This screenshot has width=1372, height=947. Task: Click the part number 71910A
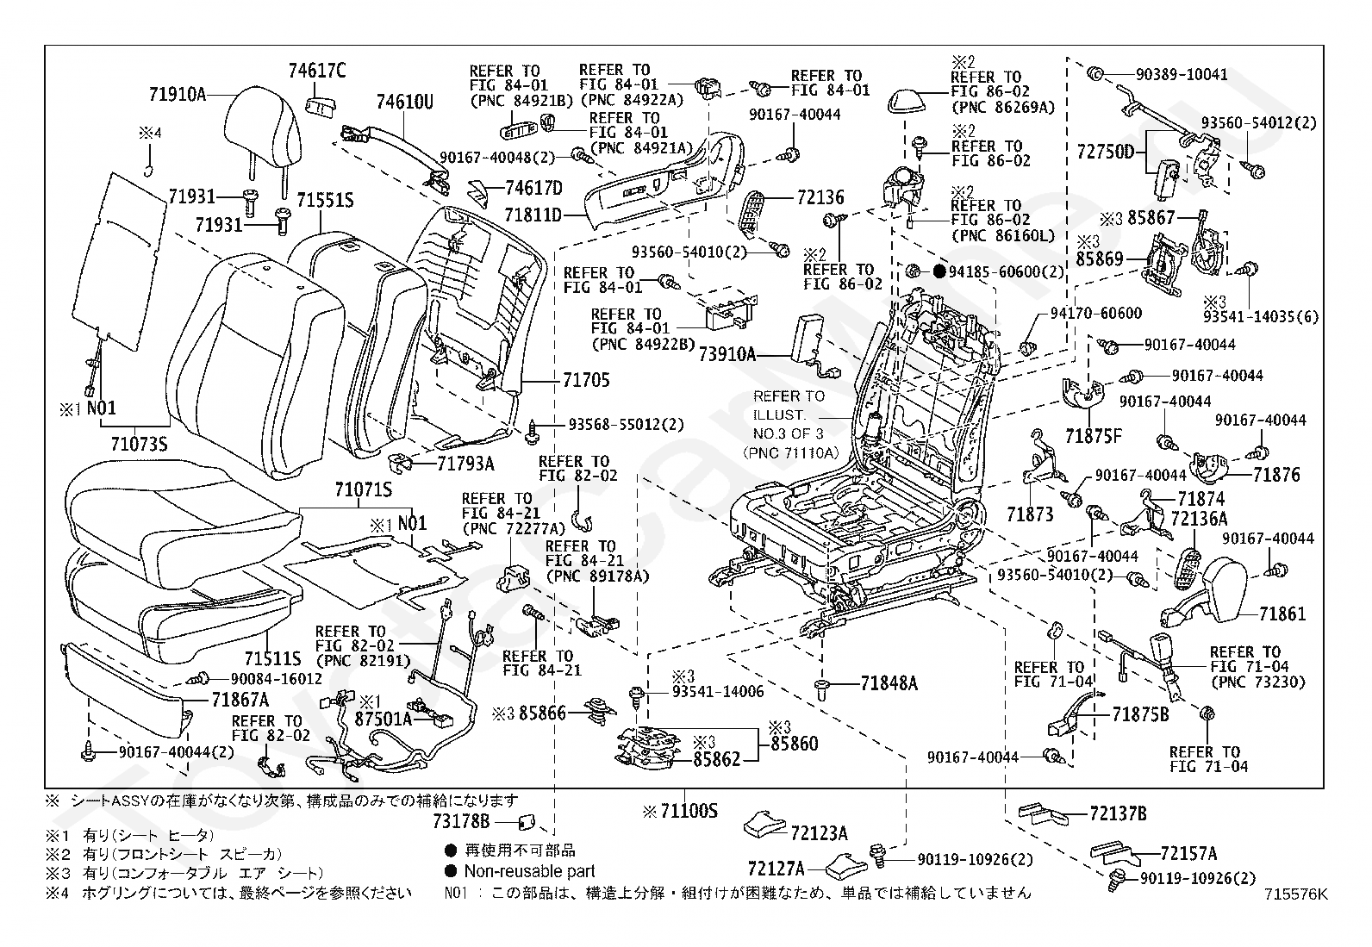click(x=177, y=94)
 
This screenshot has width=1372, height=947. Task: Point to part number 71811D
click(x=533, y=215)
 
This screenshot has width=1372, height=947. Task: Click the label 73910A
click(x=726, y=353)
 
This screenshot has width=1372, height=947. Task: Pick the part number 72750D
click(x=1106, y=153)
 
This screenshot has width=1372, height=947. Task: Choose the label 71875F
click(x=1094, y=436)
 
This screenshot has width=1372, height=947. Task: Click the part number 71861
click(x=1282, y=614)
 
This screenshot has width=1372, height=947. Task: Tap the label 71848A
click(x=889, y=684)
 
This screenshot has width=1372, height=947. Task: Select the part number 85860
click(x=794, y=743)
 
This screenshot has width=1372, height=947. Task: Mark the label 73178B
click(x=461, y=821)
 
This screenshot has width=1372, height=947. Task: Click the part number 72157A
click(x=1188, y=854)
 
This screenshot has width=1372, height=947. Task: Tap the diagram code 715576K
click(x=1296, y=894)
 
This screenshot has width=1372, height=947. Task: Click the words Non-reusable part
click(x=529, y=871)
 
